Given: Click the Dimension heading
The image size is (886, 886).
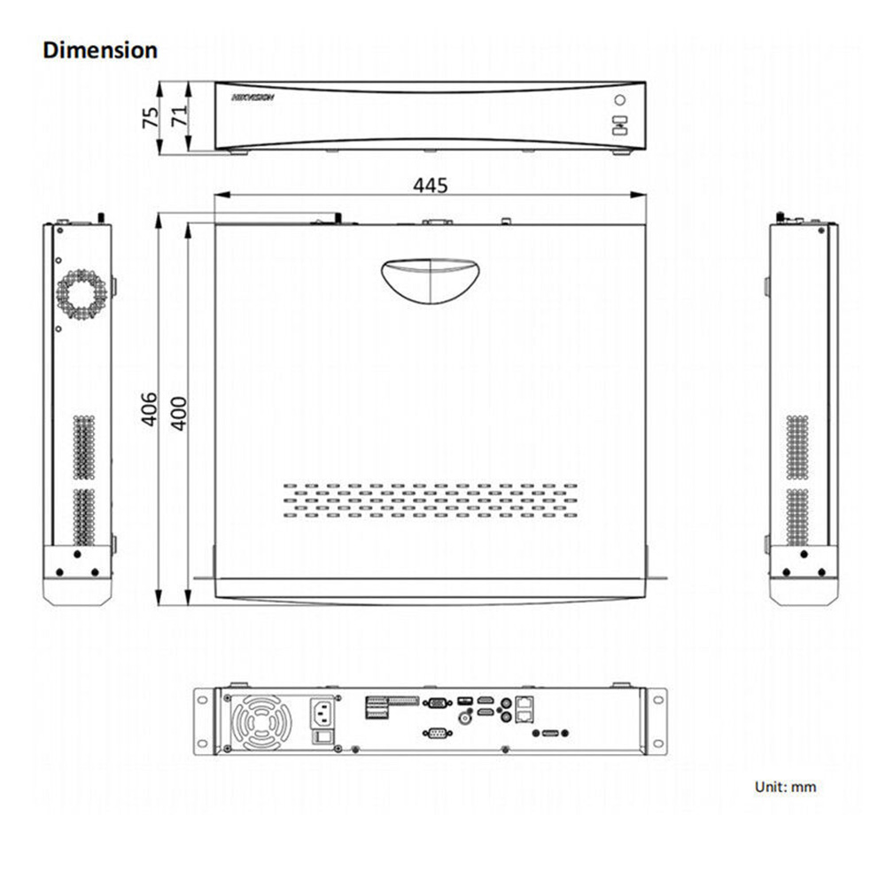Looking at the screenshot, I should click(x=100, y=50).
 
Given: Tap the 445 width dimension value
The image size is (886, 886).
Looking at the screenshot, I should click(x=431, y=185).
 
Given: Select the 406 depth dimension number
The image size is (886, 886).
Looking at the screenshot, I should click(x=151, y=408).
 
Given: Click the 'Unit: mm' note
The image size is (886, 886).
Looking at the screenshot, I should click(x=785, y=786).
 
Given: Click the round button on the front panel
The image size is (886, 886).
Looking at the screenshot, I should click(x=620, y=100).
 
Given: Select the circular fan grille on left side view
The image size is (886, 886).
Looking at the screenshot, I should click(x=81, y=293).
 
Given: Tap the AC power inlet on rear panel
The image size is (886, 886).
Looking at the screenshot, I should click(x=323, y=711).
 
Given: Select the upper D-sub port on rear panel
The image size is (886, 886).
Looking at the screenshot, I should click(x=435, y=704).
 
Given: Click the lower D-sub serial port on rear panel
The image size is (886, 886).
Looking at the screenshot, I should click(x=435, y=733).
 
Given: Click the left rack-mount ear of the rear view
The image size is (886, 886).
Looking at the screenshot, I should click(x=206, y=720).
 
